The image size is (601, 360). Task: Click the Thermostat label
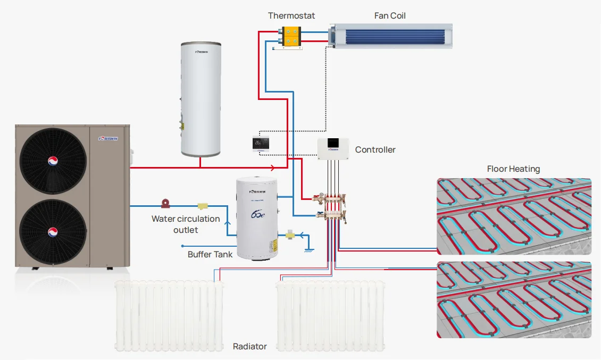(291, 15)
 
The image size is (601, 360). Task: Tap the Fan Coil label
(390, 15)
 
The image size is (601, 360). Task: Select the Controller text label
(375, 149)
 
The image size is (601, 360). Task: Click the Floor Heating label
(513, 169)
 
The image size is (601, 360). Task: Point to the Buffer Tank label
(210, 254)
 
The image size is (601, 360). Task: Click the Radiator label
(249, 346)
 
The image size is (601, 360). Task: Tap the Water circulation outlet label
(186, 224)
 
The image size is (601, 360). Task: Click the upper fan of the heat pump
(53, 161)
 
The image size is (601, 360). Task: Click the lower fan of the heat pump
(53, 231)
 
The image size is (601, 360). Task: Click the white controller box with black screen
(334, 148)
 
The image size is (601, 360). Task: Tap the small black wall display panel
(261, 144)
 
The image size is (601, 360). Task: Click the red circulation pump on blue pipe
(166, 203)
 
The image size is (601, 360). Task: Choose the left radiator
(169, 316)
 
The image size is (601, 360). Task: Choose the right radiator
(330, 316)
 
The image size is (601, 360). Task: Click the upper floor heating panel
(514, 215)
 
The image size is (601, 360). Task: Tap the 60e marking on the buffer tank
(256, 215)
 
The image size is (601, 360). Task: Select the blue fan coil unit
(391, 36)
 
